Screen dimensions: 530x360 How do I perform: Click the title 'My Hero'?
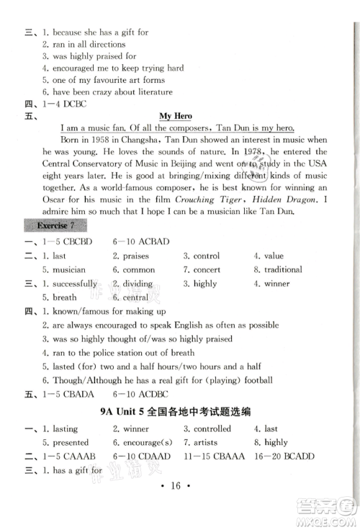pos(176,114)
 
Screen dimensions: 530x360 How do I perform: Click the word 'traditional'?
pos(282,269)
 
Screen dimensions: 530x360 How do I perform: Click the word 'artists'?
pos(209,442)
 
